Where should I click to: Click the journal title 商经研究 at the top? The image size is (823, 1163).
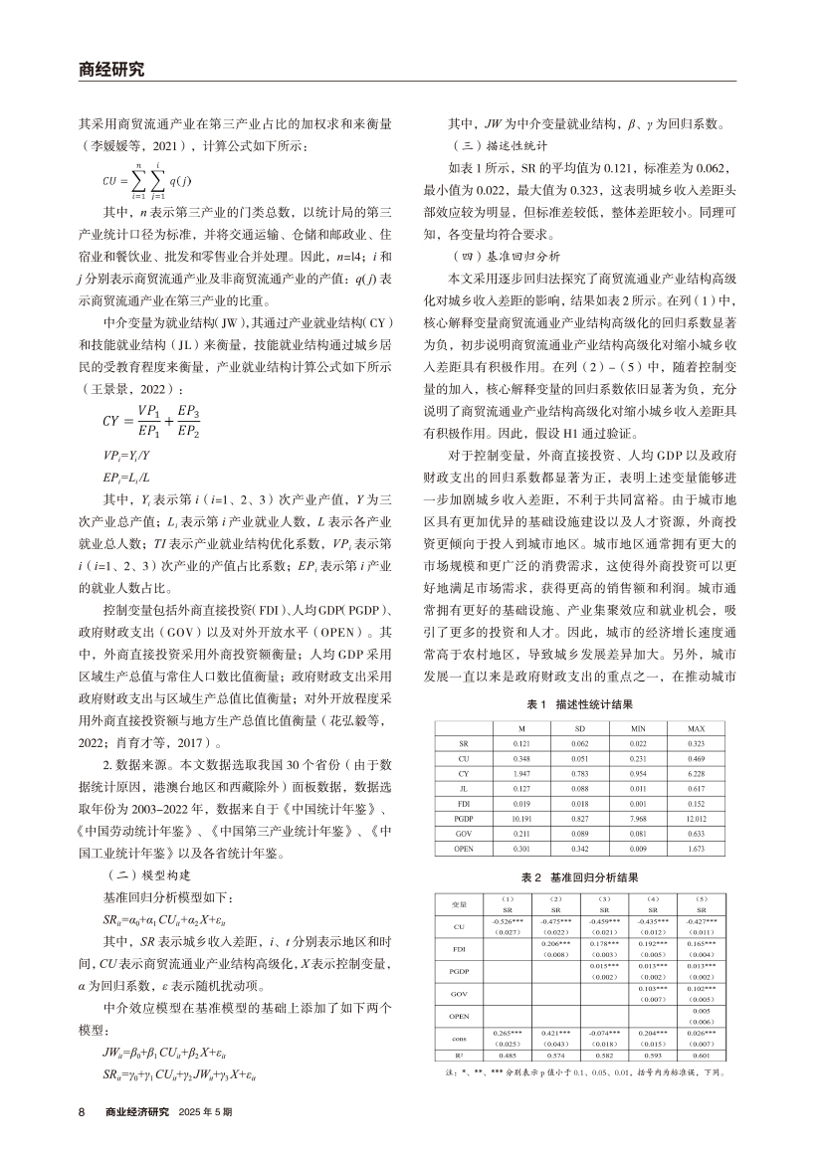coord(110,69)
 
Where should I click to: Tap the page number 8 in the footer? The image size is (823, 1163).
coord(83,1110)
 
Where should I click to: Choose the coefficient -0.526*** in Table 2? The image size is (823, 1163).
coord(507,922)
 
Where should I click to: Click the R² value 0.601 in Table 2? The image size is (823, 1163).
coord(702,1055)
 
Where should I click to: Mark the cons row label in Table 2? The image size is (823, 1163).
coord(459,1036)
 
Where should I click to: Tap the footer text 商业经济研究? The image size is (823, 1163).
coord(137,1110)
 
